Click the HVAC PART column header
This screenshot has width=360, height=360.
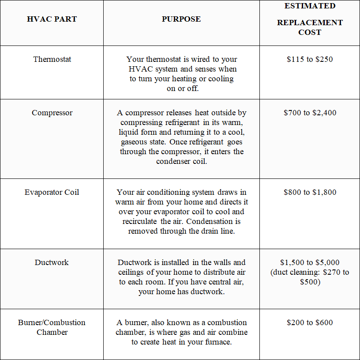[x=52, y=19]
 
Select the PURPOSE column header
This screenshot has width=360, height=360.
[x=181, y=19]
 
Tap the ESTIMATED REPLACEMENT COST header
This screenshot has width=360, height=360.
[x=310, y=19]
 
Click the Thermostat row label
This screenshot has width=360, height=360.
[x=52, y=59]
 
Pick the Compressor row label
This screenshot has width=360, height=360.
[x=52, y=113]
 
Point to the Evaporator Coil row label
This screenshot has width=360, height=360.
[x=52, y=192]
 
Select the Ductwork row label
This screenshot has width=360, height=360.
[x=52, y=262]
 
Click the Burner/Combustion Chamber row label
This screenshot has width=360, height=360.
[x=52, y=327]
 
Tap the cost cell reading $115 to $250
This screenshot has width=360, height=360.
[x=310, y=59]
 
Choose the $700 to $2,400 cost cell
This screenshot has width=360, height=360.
[x=310, y=113]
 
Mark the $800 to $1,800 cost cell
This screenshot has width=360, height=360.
[x=310, y=192]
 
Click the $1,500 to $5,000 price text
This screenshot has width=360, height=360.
[x=310, y=262]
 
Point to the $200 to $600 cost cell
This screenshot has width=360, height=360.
[x=310, y=322]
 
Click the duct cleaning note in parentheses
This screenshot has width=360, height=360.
[x=310, y=277]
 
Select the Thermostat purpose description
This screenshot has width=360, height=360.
[x=181, y=74]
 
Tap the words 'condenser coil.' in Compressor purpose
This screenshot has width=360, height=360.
[x=181, y=161]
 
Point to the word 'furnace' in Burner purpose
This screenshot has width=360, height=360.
[x=217, y=342]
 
